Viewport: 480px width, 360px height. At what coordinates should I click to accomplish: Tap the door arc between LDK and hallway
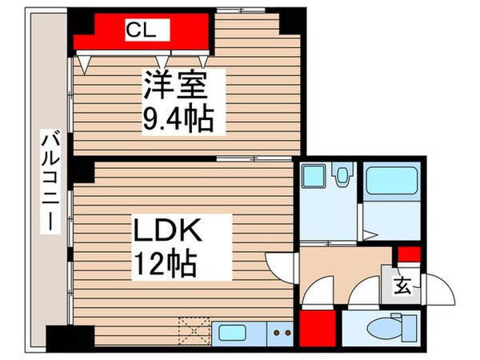tap(279, 263)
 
